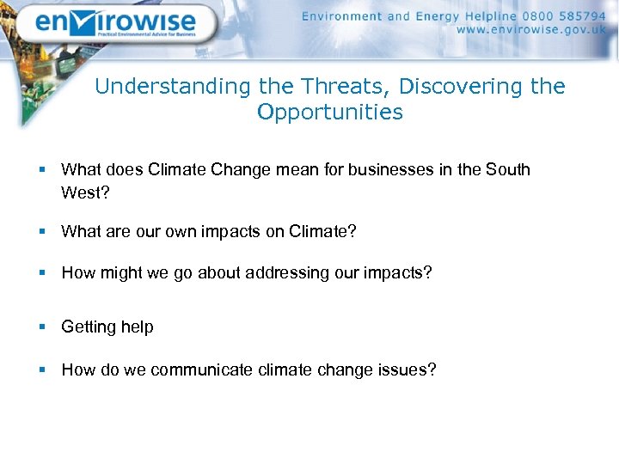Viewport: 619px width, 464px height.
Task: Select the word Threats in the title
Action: (344, 87)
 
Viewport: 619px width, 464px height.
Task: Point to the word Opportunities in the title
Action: (330, 113)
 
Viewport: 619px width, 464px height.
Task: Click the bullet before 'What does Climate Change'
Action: (41, 170)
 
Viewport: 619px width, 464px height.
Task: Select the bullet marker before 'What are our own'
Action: (41, 232)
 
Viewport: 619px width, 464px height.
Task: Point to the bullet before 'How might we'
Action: (41, 273)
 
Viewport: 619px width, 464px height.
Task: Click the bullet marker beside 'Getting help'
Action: (41, 327)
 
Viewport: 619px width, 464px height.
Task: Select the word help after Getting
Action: (138, 327)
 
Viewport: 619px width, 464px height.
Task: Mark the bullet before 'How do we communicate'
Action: (41, 370)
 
